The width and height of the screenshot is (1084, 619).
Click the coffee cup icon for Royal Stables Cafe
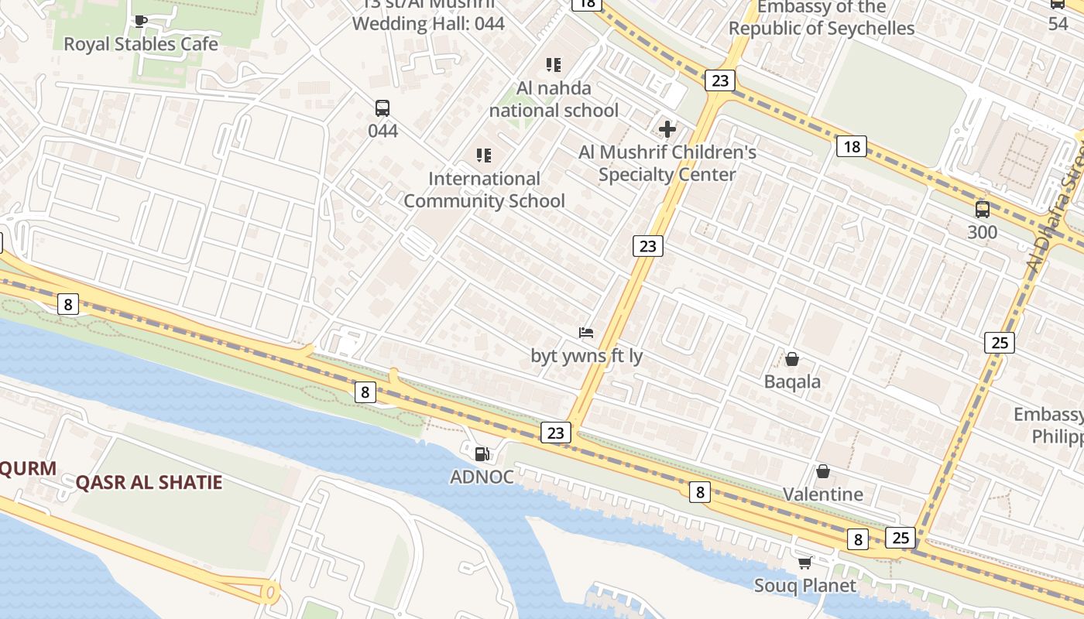(140, 21)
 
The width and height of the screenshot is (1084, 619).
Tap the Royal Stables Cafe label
(140, 44)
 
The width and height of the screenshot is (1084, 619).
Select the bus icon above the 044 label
(382, 108)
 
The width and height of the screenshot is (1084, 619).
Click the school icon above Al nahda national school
(553, 65)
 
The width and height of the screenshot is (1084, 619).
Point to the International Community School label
(484, 190)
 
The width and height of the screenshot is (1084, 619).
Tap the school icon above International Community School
(484, 156)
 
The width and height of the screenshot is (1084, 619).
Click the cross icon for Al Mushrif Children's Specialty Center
(667, 129)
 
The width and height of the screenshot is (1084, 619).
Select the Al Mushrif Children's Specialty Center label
(667, 163)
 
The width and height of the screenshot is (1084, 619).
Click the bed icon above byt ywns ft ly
(586, 333)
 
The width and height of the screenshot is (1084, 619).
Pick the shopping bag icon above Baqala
(792, 359)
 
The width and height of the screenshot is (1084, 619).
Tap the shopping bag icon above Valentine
(823, 471)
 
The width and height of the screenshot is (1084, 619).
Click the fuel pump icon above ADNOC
(482, 454)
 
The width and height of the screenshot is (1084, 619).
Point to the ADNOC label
(482, 477)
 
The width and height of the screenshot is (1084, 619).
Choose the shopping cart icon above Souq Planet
(805, 563)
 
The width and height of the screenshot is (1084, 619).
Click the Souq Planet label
(805, 586)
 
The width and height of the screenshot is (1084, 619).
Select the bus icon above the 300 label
(982, 209)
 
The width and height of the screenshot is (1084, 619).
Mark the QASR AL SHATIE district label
(149, 483)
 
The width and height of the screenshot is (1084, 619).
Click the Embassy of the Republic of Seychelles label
(822, 19)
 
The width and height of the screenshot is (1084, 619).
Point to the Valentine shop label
(823, 494)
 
